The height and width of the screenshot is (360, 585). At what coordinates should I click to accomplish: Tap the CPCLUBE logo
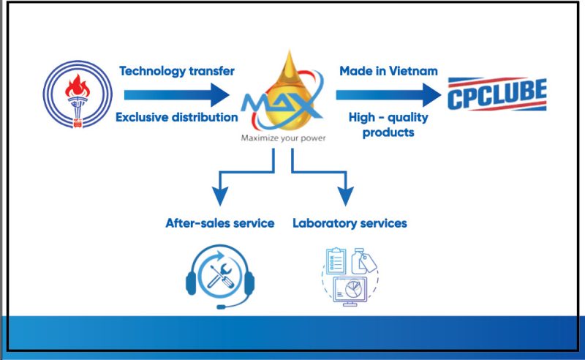(497, 94)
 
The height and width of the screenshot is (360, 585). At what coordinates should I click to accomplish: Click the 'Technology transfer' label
(177, 71)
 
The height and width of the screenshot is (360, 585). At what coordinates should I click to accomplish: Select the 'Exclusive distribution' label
(177, 117)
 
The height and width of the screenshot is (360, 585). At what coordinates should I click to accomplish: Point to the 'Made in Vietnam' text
(388, 71)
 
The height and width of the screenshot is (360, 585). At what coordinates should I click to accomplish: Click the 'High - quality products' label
(388, 124)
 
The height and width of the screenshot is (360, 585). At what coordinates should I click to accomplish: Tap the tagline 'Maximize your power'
(283, 138)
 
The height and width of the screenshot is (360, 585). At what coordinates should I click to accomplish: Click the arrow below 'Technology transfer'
(177, 95)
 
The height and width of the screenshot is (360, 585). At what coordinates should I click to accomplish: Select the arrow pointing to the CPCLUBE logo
(388, 95)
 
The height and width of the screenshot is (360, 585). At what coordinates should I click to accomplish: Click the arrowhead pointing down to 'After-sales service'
(220, 195)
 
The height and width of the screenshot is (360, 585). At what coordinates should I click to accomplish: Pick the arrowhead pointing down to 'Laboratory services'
(346, 195)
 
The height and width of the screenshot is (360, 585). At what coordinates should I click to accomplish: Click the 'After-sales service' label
(220, 223)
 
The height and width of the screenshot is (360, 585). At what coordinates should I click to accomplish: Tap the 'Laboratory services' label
(350, 223)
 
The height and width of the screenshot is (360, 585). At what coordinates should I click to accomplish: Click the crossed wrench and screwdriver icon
(221, 276)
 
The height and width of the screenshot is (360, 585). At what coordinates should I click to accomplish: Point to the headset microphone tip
(221, 307)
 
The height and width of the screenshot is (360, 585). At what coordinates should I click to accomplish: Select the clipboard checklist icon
(336, 260)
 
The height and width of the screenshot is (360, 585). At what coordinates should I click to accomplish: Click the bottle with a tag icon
(363, 261)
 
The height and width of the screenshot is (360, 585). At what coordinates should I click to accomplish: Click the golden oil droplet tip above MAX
(289, 51)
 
